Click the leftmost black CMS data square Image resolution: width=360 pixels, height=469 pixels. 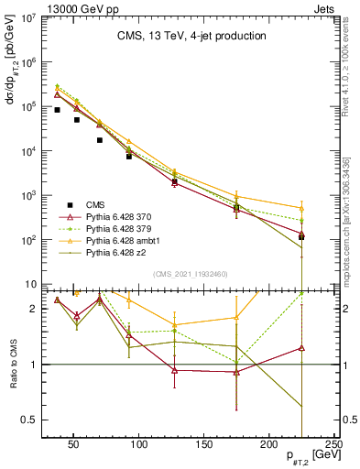coord(57,110)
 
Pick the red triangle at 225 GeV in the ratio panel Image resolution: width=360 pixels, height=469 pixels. coord(301,348)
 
